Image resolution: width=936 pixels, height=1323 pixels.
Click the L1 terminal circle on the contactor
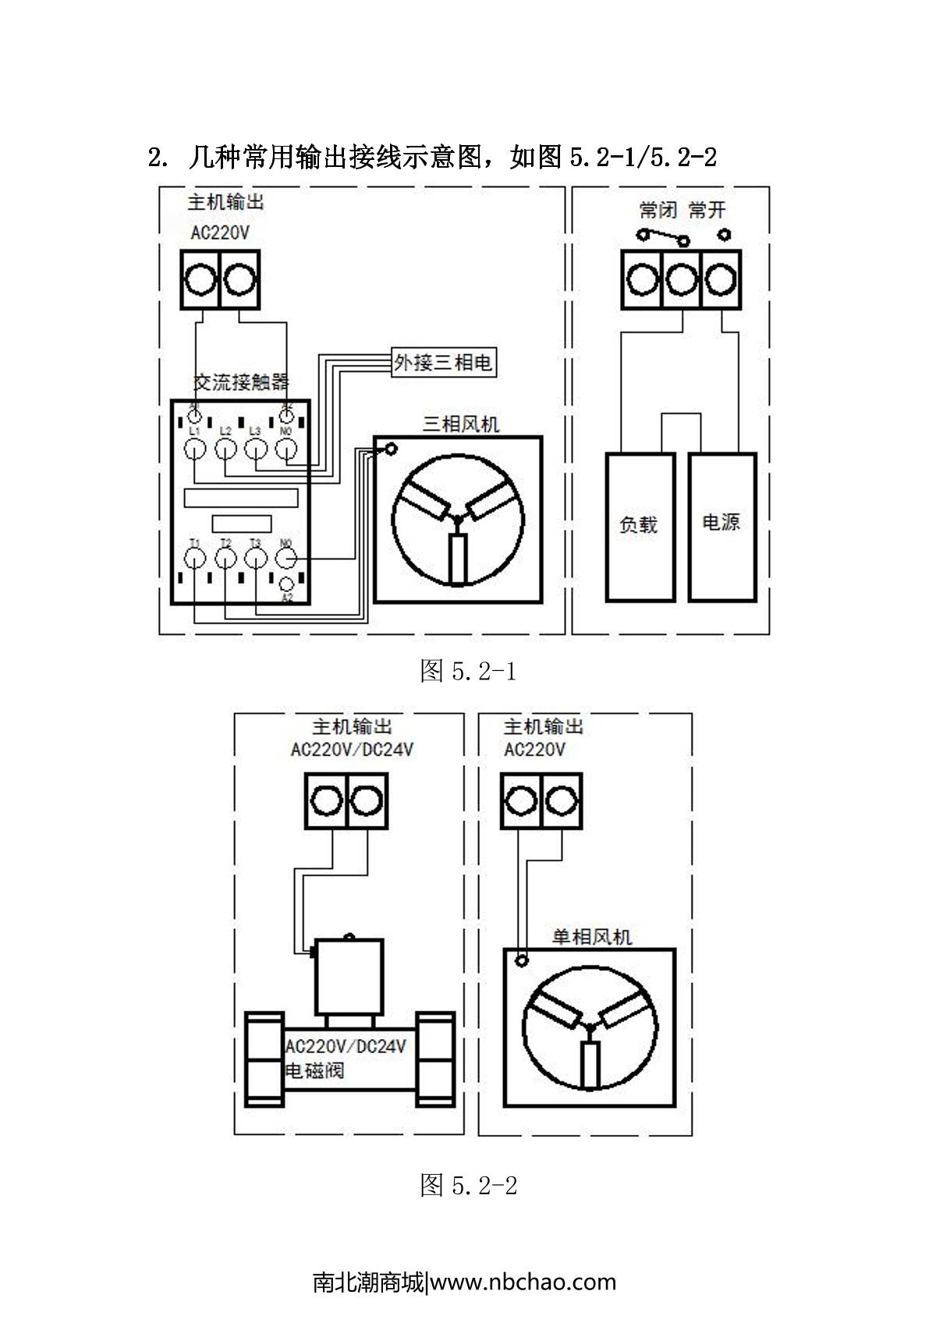[x=195, y=449]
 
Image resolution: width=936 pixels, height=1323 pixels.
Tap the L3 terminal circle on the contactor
[x=256, y=449]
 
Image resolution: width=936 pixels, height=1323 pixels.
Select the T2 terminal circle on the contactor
[x=225, y=558]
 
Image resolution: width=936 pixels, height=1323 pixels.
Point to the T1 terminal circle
[x=195, y=558]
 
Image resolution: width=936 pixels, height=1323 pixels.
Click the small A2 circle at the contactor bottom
[x=286, y=583]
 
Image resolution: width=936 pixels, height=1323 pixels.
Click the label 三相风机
[x=460, y=424]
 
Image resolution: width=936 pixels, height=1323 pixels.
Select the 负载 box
[x=640, y=527]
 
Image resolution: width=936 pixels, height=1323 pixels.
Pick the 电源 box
[x=721, y=527]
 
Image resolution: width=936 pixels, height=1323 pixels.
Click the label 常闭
[x=657, y=210]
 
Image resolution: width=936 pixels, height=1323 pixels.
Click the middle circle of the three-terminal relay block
[x=681, y=279]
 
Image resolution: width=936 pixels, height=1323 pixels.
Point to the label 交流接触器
[x=241, y=382]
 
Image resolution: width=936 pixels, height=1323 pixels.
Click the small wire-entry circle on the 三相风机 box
[x=390, y=449]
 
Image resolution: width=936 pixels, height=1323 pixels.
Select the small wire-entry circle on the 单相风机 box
[x=522, y=960]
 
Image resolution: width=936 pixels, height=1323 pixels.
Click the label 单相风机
[x=591, y=936]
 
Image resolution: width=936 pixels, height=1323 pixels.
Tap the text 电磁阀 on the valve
[x=314, y=1070]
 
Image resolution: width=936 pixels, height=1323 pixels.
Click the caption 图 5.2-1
[x=468, y=670]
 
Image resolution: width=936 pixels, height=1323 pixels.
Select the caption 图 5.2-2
[x=468, y=1186]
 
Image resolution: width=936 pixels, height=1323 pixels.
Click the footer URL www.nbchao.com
[x=523, y=1282]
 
